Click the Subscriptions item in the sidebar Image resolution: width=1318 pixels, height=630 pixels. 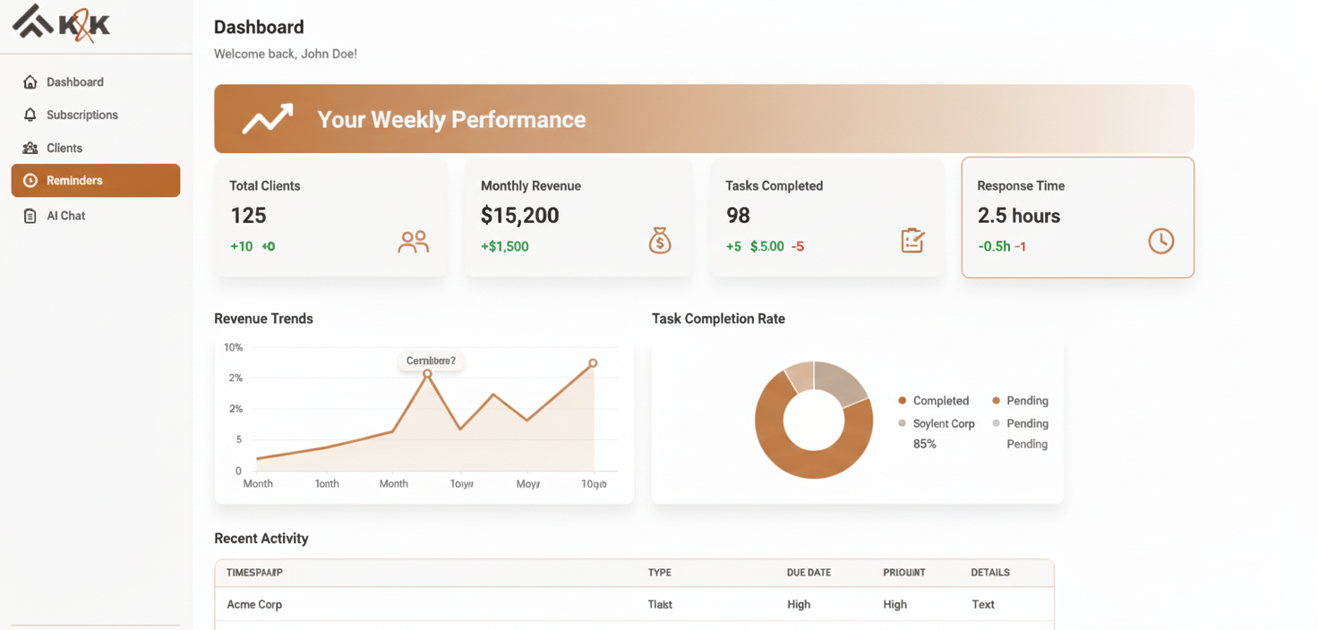pos(81,115)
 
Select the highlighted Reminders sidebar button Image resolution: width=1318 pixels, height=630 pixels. pos(95,180)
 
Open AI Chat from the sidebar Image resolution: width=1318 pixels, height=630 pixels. pos(65,216)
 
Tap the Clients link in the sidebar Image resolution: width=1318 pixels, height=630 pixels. pos(64,148)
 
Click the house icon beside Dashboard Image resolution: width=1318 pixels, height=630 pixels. pos(30,82)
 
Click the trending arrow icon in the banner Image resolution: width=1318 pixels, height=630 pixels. pos(267,119)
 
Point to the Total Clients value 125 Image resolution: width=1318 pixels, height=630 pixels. pos(248,216)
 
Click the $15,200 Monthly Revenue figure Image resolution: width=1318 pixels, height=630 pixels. pos(519,216)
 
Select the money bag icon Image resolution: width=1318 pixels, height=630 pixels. pos(660,241)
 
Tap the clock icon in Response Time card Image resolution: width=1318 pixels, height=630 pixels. pos(1160,241)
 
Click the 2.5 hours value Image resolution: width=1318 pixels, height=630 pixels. pos(1018,216)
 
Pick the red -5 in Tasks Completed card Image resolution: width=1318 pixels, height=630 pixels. pos(797,246)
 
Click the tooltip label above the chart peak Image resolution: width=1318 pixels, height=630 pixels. pos(431,361)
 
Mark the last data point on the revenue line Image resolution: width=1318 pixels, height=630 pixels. pos(593,363)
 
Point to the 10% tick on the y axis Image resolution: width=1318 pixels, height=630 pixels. pos(233,347)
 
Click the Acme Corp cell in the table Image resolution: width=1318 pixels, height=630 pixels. pos(254,604)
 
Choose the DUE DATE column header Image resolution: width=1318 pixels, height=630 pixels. pos(808,573)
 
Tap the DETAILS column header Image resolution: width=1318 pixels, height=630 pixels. pos(989,573)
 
